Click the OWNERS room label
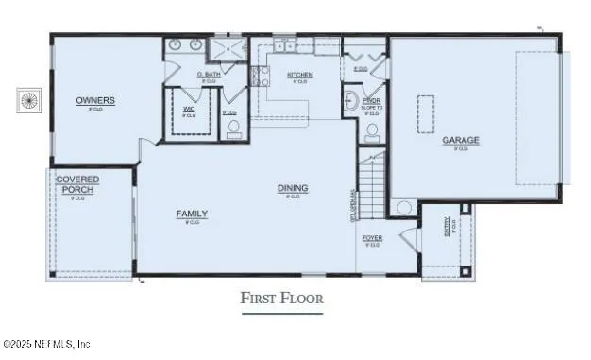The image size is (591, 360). point(95,100)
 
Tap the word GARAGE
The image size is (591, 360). point(461,141)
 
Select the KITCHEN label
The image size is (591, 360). point(300,75)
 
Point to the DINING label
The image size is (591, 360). point(293,188)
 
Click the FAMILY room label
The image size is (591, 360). point(192,214)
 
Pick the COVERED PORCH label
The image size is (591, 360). point(78,184)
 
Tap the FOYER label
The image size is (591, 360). point(373,238)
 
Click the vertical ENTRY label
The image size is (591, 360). point(449,228)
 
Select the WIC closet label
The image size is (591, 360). point(189,109)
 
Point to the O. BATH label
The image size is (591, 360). point(209,74)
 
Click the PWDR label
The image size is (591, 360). point(371,100)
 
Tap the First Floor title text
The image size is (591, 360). point(281,299)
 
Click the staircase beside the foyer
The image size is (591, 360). point(373,184)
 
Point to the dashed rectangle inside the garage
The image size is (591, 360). point(425,113)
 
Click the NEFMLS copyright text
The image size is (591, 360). point(47,345)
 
